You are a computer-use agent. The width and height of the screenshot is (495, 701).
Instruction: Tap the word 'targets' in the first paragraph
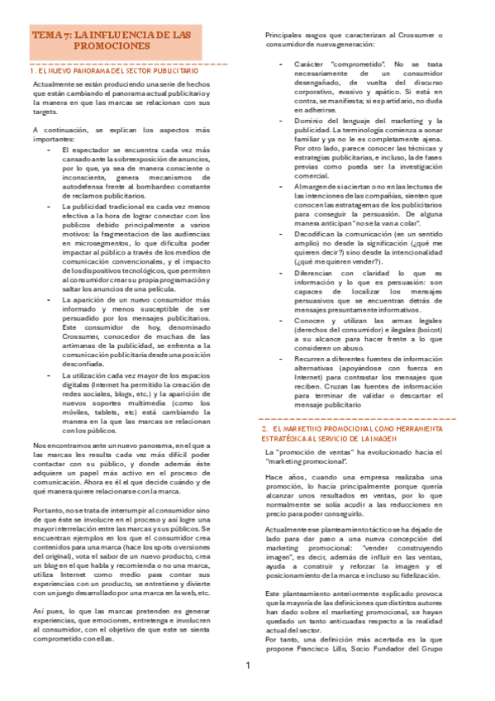(x=45, y=111)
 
